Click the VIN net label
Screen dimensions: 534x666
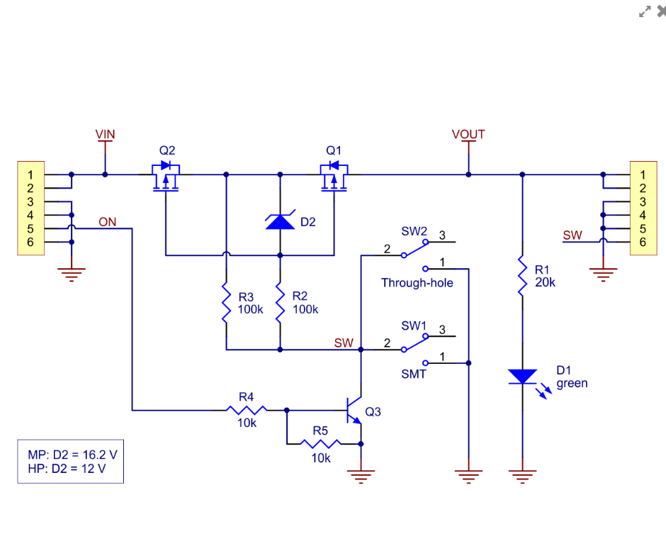coord(105,134)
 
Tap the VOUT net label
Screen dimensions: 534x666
coord(468,134)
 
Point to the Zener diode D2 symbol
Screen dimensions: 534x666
coord(280,222)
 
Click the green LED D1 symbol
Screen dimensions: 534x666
coord(522,377)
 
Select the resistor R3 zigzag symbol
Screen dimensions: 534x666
coord(226,304)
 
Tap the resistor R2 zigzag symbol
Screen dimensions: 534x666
coord(280,304)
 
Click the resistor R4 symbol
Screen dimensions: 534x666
coord(246,410)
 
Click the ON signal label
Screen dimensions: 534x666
coord(108,222)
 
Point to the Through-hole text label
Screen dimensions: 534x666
coord(417,283)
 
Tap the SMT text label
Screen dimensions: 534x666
coord(414,373)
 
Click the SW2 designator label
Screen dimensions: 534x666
coord(414,231)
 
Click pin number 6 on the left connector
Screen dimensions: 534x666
coord(30,243)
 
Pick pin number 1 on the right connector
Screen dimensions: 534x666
coord(643,174)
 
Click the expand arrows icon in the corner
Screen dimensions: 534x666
coord(645,11)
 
